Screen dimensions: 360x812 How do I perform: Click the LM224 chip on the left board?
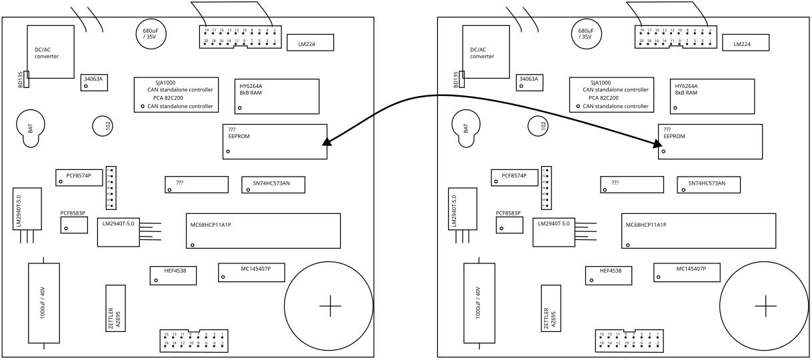pyautogui.click(x=311, y=45)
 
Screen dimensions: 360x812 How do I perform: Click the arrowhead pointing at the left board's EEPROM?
pyautogui.click(x=325, y=141)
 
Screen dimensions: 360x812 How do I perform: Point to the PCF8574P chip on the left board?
pyautogui.click(x=78, y=177)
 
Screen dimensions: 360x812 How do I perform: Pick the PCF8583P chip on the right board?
pyautogui.click(x=509, y=223)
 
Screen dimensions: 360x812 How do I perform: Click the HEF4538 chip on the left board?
pyautogui.click(x=173, y=274)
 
